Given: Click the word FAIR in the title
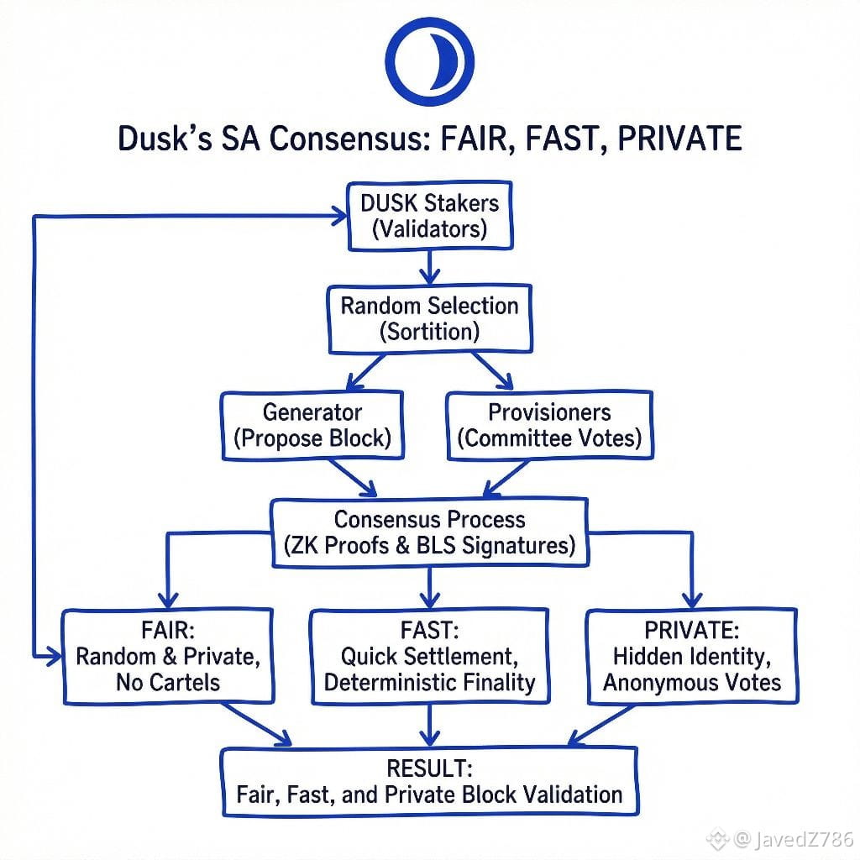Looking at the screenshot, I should (x=469, y=139).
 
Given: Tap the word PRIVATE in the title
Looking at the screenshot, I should (x=670, y=139).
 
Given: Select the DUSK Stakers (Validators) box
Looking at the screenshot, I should (x=429, y=215).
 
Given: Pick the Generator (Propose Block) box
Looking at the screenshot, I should (x=312, y=425).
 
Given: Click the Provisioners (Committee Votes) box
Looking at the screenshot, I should (x=550, y=425).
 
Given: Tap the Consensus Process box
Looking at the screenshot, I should (x=429, y=532).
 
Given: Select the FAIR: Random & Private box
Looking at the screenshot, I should (x=169, y=656).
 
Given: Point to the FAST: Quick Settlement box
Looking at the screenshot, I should (x=429, y=656).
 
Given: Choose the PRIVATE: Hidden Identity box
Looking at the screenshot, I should (x=691, y=656).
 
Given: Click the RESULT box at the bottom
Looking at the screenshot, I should (x=429, y=780).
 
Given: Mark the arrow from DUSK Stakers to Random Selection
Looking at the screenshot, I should (x=430, y=270).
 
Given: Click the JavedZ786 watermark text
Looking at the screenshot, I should (x=793, y=838).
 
